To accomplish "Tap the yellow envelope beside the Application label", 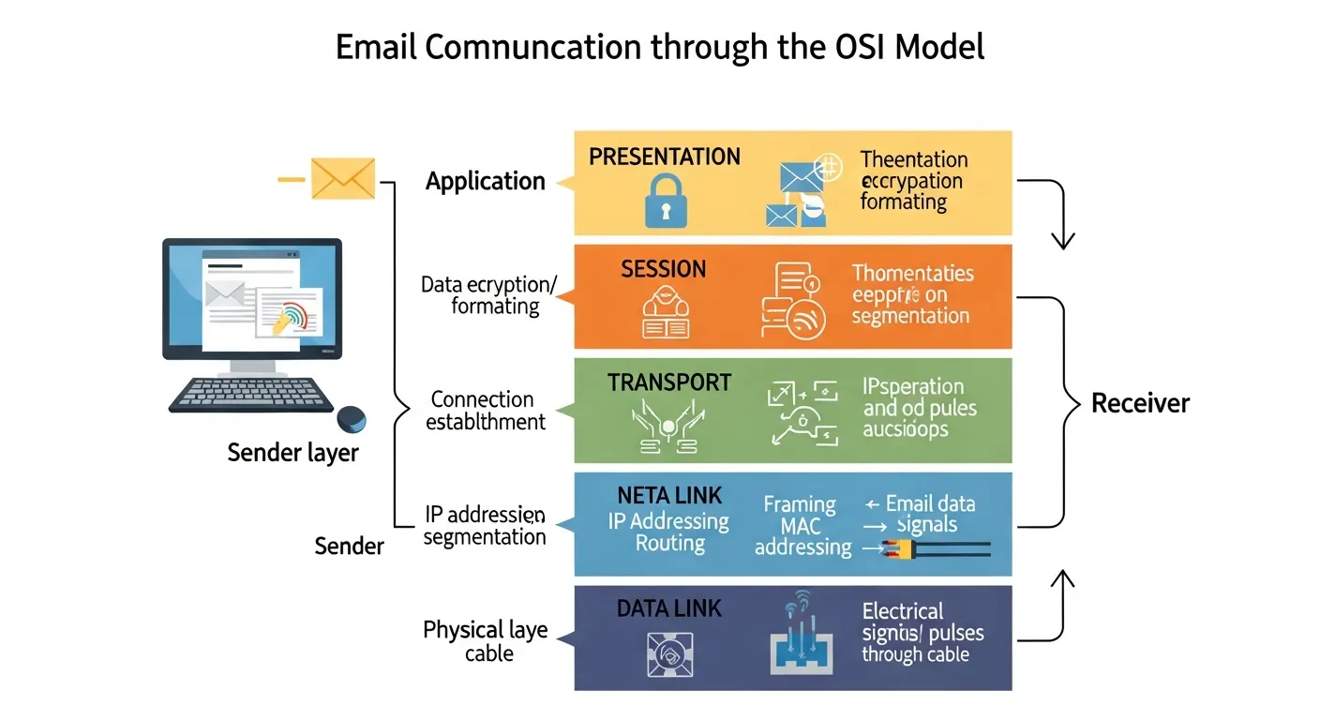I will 342,178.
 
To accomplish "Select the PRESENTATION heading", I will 665,157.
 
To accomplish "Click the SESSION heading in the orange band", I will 663,269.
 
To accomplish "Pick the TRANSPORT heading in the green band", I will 668,382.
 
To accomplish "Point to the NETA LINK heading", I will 668,494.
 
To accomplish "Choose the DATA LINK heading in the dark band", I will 669,608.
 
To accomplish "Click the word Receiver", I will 1140,404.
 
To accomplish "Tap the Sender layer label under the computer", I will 292,454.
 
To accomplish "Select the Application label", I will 485,181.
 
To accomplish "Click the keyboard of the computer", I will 251,394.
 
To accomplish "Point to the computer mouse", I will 352,418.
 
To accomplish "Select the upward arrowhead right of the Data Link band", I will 1061,578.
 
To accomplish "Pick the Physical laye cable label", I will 485,641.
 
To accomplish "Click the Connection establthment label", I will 485,411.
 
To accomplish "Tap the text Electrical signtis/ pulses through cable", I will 922,633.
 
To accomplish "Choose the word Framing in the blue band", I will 799,504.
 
